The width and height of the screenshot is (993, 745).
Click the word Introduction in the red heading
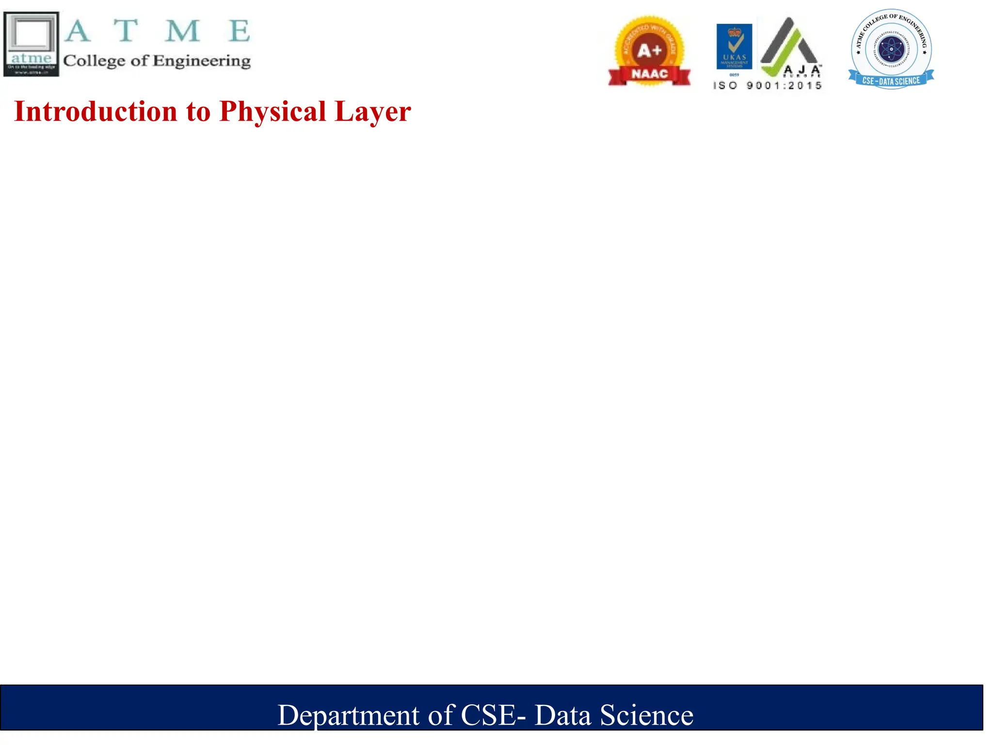[x=96, y=112]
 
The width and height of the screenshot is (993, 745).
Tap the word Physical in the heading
[x=272, y=112]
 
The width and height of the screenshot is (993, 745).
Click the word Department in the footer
[x=348, y=715]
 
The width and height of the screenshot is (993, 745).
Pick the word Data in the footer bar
[x=562, y=715]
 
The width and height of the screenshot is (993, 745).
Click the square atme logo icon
[x=31, y=44]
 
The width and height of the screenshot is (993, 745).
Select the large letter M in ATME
[x=182, y=31]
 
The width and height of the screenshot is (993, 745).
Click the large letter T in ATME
[x=126, y=31]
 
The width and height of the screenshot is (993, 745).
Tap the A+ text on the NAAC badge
[x=649, y=50]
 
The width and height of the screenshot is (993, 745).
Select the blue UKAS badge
[x=734, y=47]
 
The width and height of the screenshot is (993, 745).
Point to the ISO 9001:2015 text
[x=768, y=86]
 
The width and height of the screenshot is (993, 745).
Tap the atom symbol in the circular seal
[x=891, y=49]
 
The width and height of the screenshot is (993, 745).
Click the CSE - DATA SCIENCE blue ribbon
[x=891, y=81]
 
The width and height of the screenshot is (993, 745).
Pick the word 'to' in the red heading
[x=198, y=112]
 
